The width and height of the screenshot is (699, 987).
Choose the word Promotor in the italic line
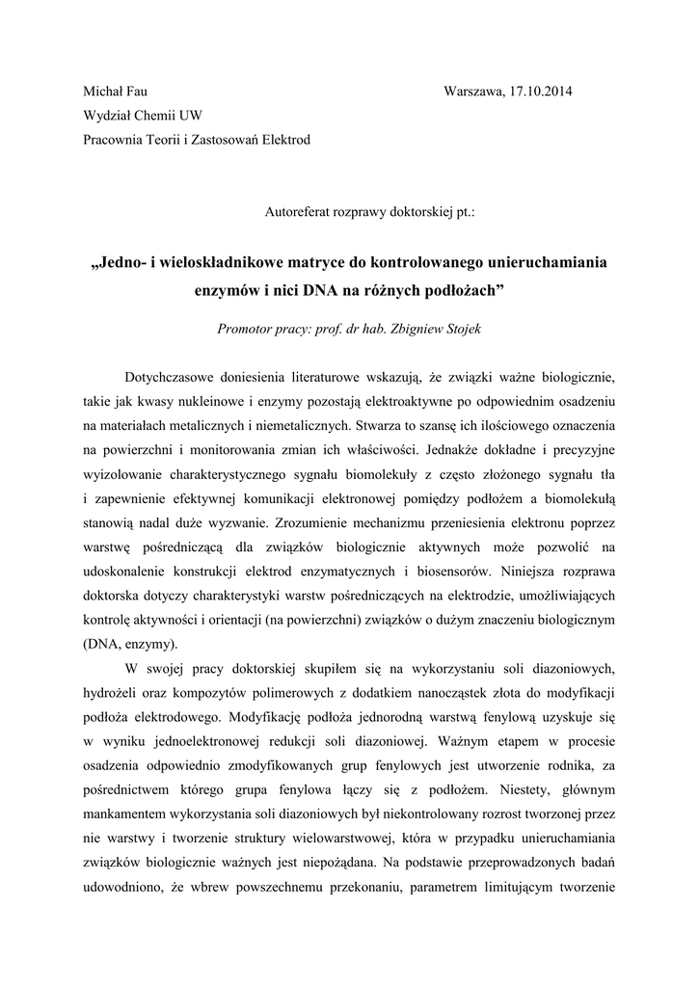tap(248, 329)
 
